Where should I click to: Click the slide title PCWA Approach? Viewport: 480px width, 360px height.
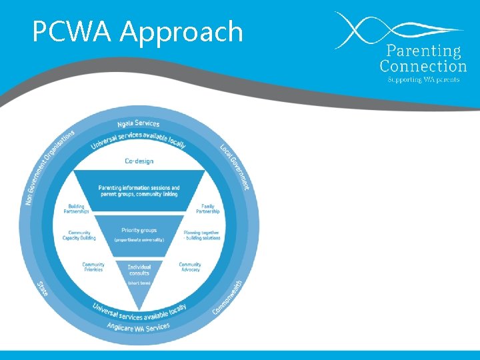tap(138, 31)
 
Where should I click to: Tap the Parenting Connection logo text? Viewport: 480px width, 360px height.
tap(423, 59)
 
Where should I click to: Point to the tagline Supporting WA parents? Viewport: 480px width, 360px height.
tap(423, 79)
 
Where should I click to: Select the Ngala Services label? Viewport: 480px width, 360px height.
tap(138, 123)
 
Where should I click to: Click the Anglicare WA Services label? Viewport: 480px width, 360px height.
tap(138, 328)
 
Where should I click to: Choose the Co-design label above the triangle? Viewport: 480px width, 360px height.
tap(139, 161)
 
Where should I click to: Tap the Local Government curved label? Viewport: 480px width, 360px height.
tap(235, 166)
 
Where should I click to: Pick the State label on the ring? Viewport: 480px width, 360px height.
tap(43, 288)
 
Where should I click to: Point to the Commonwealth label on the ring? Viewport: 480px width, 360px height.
tap(228, 297)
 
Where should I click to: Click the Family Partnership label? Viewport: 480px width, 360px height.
tap(207, 209)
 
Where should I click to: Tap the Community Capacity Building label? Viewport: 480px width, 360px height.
tap(79, 235)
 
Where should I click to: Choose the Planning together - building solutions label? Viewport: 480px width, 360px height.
tap(201, 235)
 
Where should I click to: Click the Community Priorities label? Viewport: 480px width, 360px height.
tap(93, 267)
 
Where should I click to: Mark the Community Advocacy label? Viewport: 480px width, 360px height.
tap(190, 267)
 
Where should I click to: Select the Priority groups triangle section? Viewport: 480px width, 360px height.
tap(139, 233)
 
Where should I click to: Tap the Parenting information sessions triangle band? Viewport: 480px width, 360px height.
tap(139, 191)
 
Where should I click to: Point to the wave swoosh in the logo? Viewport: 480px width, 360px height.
tap(393, 29)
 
